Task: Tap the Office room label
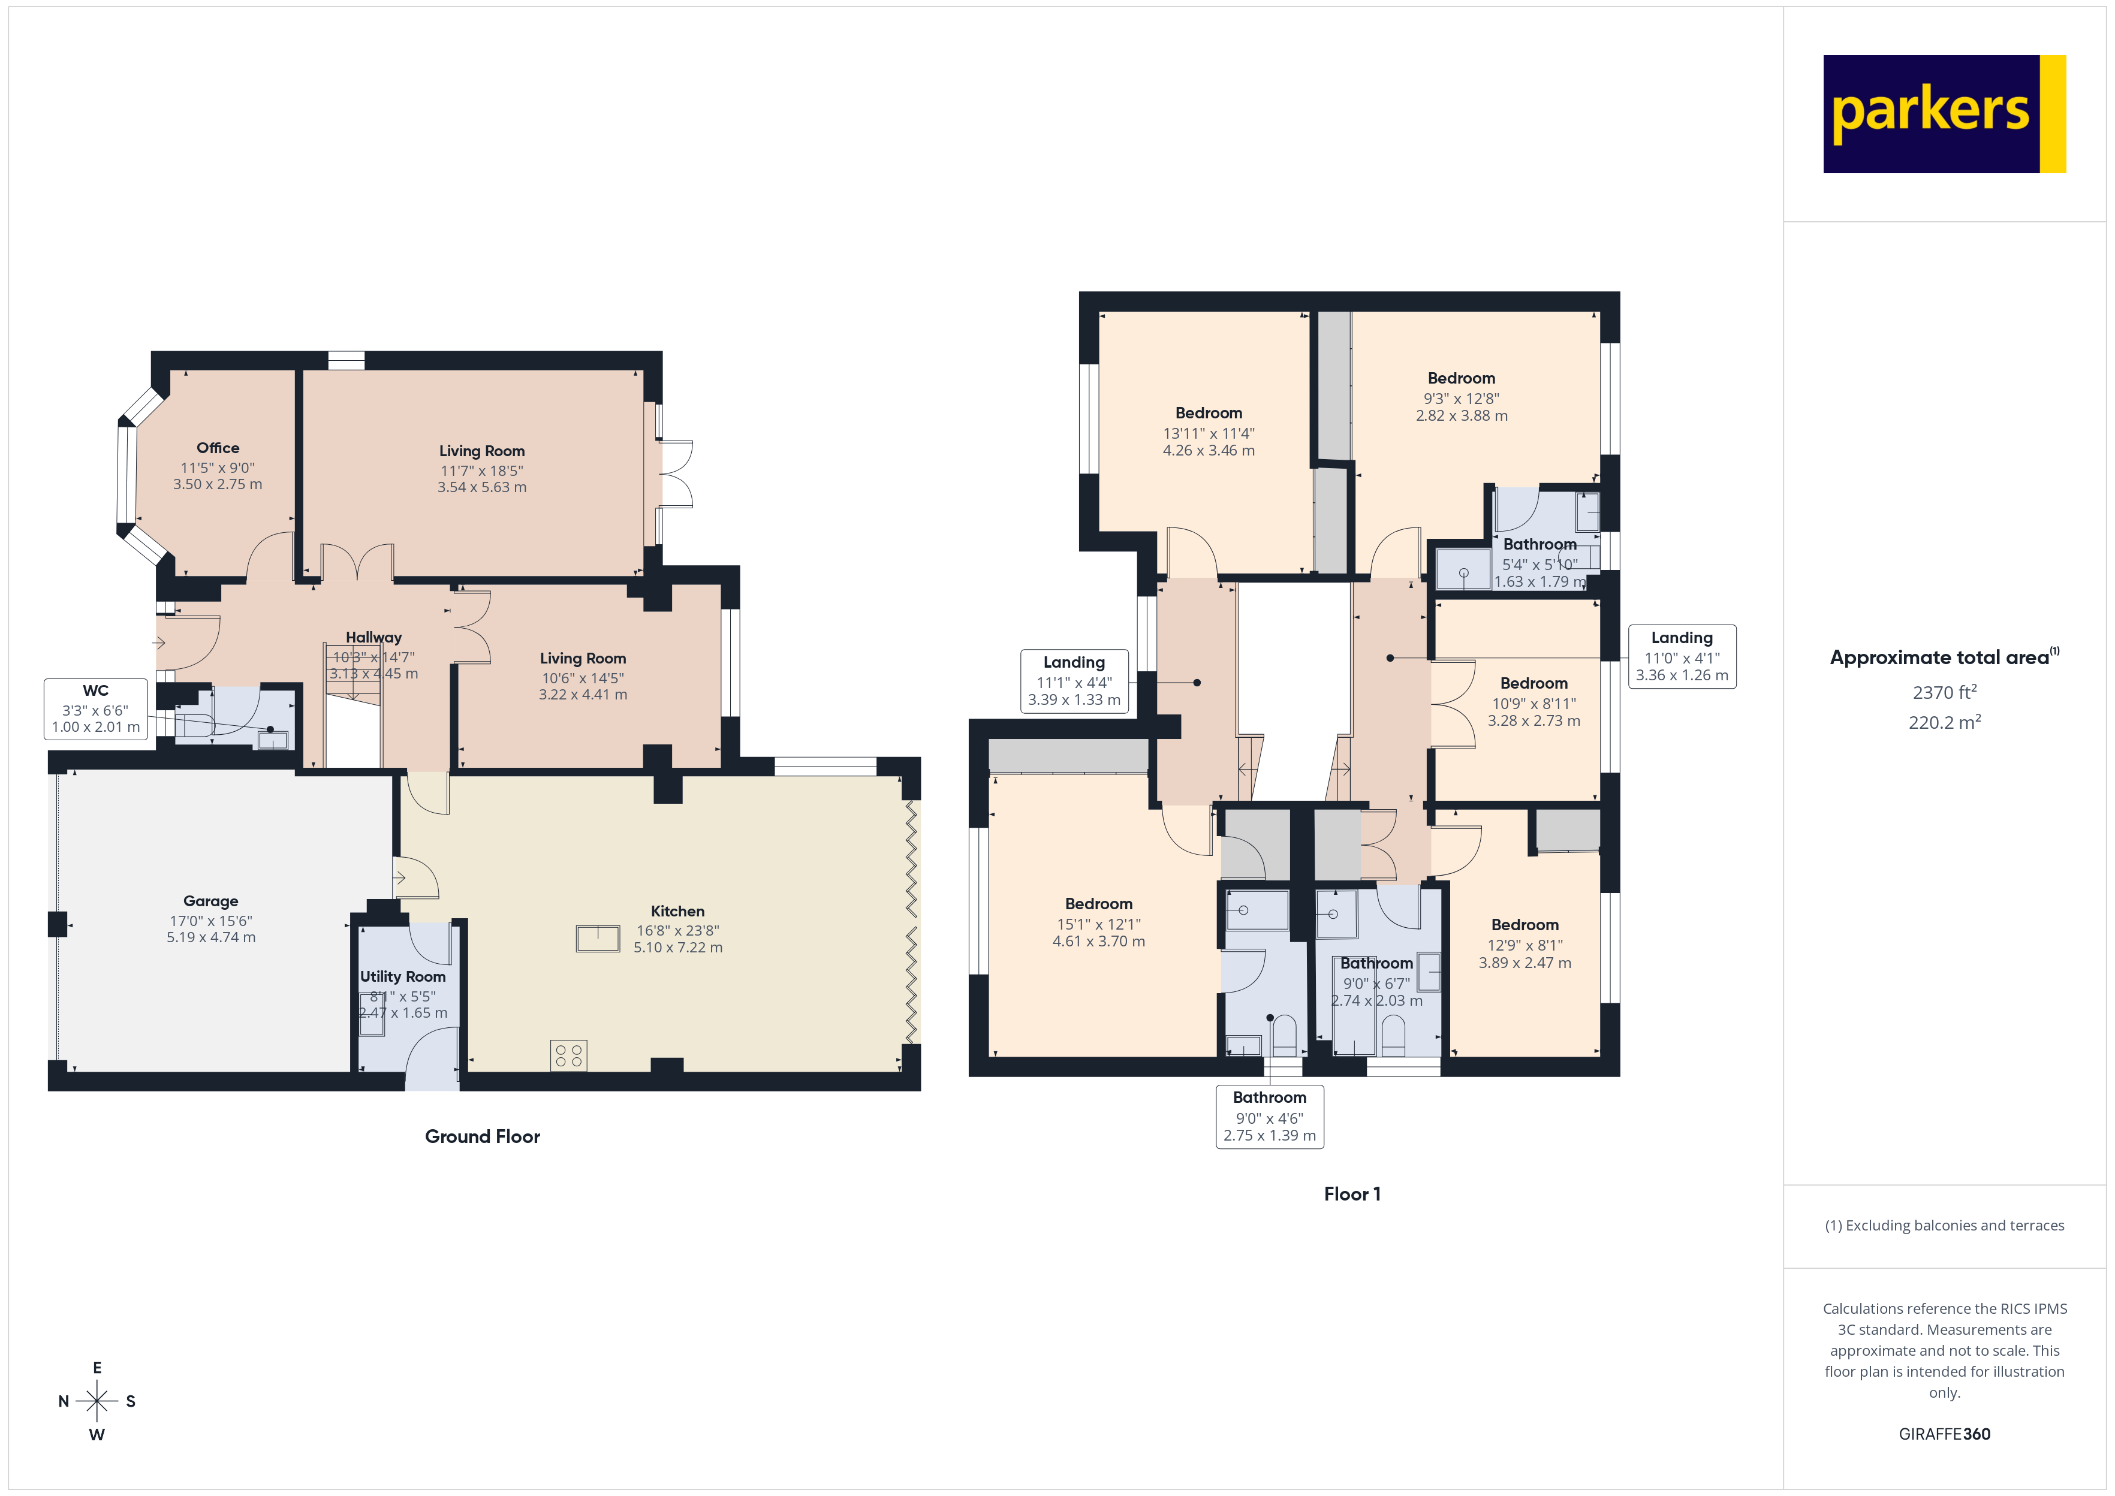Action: [x=218, y=448]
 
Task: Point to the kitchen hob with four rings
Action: [x=568, y=1055]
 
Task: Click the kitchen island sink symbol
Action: [x=598, y=939]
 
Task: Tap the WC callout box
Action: [x=96, y=708]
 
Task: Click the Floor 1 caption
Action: [x=1351, y=1194]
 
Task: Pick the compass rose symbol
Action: [x=97, y=1401]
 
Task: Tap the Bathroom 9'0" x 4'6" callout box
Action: [x=1269, y=1115]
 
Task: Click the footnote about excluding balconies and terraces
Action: [x=1944, y=1225]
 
